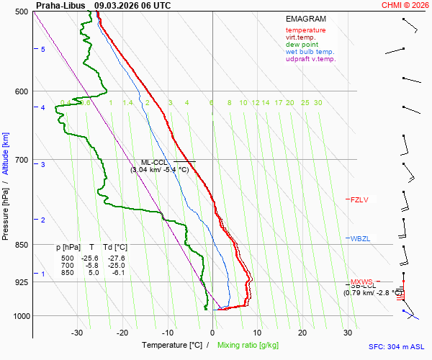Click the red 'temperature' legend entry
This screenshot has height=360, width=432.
pos(305,30)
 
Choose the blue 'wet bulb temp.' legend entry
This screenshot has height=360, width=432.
pos(310,52)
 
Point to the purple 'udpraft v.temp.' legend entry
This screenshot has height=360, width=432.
pos(310,59)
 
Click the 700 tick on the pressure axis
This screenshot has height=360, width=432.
pos(21,160)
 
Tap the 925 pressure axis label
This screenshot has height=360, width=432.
pos(21,282)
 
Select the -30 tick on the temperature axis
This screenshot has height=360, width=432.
pos(77,333)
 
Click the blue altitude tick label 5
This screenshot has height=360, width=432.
pos(42,49)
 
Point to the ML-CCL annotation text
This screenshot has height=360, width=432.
pos(155,162)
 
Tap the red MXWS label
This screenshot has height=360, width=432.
pos(362,282)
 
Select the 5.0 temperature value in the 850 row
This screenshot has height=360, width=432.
pos(94,273)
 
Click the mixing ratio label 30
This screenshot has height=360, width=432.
pos(318,103)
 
